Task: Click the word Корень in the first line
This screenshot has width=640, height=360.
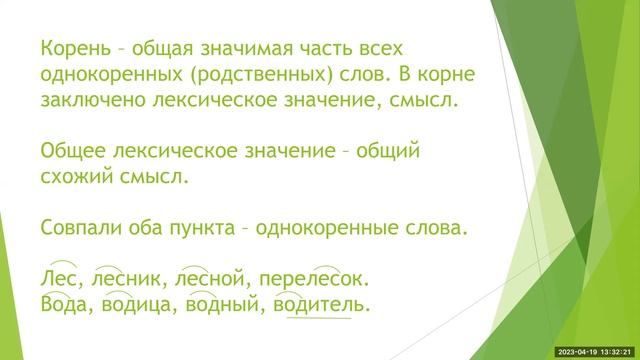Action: (73, 49)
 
